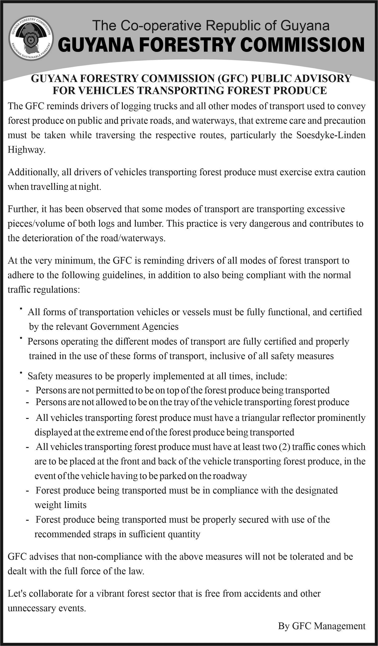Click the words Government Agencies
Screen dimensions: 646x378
tap(135, 327)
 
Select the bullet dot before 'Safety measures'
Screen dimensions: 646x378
tap(20, 373)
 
